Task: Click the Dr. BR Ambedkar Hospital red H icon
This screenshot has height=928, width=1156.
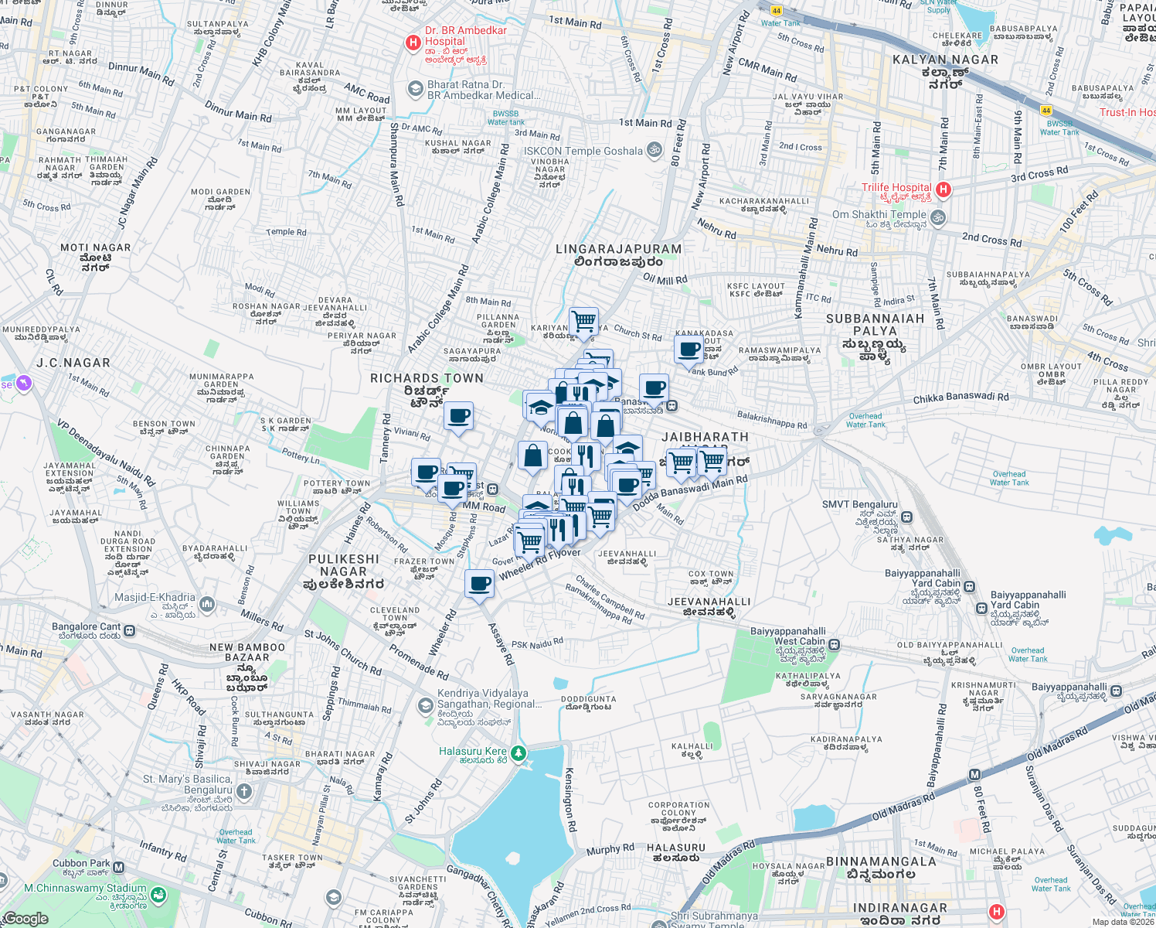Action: pyautogui.click(x=413, y=43)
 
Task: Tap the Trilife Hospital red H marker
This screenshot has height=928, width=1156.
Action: pyautogui.click(x=943, y=189)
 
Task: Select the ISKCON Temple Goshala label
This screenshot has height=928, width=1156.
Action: pyautogui.click(x=583, y=151)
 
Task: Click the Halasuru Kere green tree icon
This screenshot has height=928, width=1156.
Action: pyautogui.click(x=518, y=752)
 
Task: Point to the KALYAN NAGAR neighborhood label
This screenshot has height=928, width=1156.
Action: pyautogui.click(x=945, y=60)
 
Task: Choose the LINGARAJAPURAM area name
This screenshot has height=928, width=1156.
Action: pyautogui.click(x=619, y=249)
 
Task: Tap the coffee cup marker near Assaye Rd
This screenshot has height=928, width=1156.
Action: pyautogui.click(x=479, y=583)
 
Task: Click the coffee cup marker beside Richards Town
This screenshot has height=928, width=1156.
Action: pyautogui.click(x=458, y=416)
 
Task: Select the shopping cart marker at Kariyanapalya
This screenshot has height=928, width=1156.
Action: pyautogui.click(x=583, y=320)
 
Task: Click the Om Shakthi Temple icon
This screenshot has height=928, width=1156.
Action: pyautogui.click(x=938, y=217)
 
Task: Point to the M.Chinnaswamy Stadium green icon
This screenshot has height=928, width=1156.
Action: pyautogui.click(x=158, y=895)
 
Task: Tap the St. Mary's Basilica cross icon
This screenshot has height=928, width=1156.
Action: pyautogui.click(x=244, y=791)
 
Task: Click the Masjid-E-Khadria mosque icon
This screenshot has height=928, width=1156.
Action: pyautogui.click(x=206, y=603)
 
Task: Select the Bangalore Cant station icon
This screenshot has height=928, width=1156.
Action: pyautogui.click(x=129, y=631)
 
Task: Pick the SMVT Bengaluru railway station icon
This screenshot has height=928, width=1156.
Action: pyautogui.click(x=907, y=517)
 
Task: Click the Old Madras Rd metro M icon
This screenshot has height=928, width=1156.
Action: pyautogui.click(x=974, y=775)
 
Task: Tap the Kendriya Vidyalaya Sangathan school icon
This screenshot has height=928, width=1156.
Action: pyautogui.click(x=425, y=705)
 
